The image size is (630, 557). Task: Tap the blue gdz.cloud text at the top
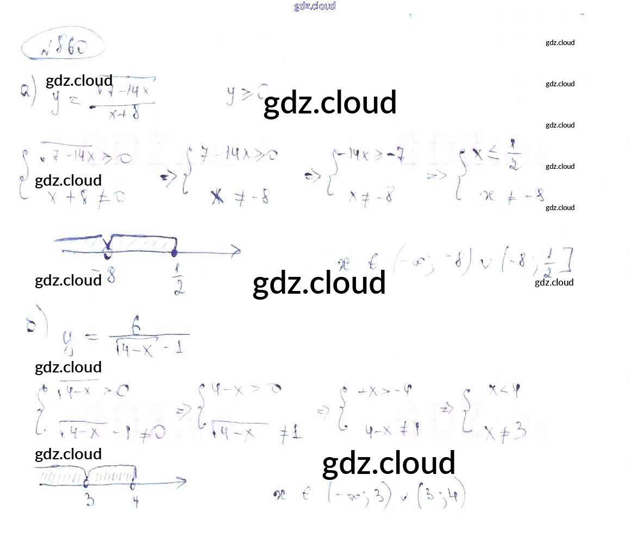click(x=315, y=6)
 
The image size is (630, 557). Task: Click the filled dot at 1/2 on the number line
click(x=174, y=252)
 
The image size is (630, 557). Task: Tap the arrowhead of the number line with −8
click(x=236, y=250)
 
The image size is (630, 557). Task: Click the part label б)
click(x=30, y=325)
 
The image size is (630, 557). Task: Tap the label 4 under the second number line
click(x=135, y=502)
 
